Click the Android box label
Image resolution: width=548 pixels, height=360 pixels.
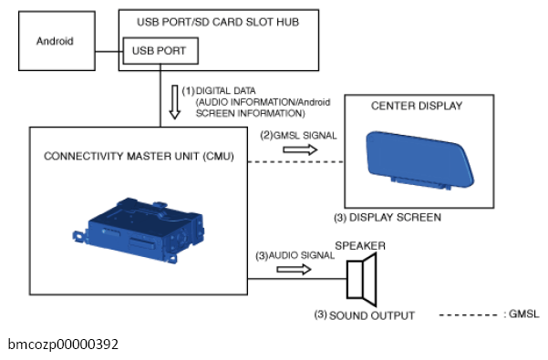coord(55,41)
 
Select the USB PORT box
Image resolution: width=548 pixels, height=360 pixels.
coord(160,51)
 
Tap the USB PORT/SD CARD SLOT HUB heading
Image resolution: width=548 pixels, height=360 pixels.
coord(218,22)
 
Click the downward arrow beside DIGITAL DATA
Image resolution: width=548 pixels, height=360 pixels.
coord(175,102)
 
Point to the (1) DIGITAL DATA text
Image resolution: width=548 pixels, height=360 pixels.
coord(219,91)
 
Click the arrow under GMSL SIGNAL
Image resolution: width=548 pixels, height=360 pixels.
coord(300,149)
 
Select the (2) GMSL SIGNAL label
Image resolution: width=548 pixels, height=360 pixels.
coord(298,136)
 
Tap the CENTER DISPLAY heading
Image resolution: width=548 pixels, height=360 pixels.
coord(417,106)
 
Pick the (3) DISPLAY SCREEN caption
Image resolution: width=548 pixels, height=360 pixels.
coord(388,218)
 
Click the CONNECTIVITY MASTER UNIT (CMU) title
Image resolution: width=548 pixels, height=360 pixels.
coord(139,156)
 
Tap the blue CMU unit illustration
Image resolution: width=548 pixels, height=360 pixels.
coord(139,231)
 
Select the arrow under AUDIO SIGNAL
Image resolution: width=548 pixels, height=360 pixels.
coord(294,270)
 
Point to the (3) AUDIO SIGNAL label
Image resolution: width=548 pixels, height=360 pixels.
coord(295,255)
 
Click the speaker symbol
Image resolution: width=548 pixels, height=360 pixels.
coord(362,279)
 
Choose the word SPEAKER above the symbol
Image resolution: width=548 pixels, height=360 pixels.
coord(360,246)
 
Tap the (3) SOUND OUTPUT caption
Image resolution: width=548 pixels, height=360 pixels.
coord(365,315)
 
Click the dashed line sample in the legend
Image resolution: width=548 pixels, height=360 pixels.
coord(468,315)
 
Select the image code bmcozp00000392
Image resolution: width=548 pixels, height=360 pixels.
coord(63,345)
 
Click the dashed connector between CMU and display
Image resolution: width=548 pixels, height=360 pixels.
coord(296,162)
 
